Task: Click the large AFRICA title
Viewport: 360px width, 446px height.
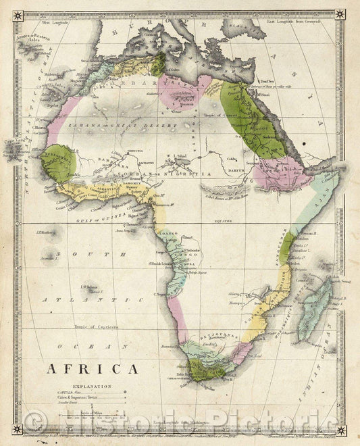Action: [92, 370]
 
